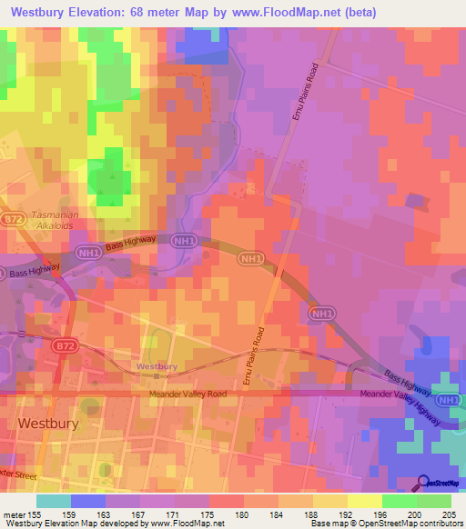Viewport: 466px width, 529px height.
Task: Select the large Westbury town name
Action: click(x=48, y=424)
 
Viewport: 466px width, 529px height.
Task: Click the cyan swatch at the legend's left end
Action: click(x=54, y=501)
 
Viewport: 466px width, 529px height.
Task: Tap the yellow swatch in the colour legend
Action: click(x=364, y=501)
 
